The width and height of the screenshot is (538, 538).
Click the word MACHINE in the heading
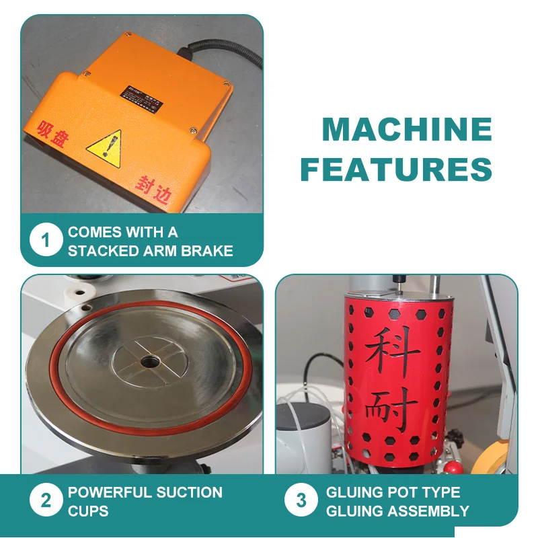click(406, 129)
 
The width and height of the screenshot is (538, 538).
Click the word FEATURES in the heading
click(396, 169)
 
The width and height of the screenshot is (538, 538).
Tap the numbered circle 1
click(46, 241)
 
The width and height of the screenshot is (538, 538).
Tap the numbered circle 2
click(46, 501)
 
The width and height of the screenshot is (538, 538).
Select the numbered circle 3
click(301, 501)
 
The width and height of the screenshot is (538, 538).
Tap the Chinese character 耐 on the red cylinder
click(393, 410)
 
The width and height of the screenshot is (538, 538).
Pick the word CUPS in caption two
click(88, 511)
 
